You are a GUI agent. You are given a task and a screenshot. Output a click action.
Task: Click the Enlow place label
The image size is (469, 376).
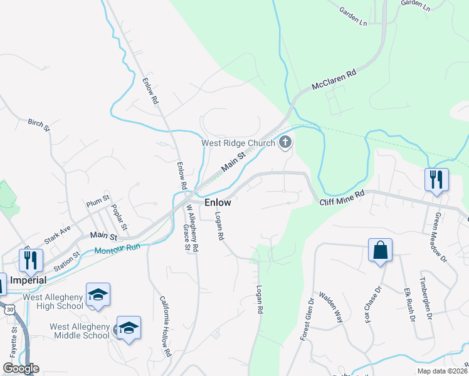point(218,203)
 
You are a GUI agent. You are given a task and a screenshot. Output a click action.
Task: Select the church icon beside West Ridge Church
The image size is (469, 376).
point(285,142)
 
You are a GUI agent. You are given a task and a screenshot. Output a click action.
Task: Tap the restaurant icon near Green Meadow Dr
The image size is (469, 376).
point(436,179)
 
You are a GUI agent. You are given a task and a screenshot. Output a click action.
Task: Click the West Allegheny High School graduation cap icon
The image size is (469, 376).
point(98,295)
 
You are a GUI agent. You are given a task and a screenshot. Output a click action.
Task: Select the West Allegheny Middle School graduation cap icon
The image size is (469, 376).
point(129,328)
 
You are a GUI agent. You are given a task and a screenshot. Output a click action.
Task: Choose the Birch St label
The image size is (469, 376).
point(38,125)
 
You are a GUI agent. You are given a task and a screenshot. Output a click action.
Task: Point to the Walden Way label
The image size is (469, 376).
point(331,307)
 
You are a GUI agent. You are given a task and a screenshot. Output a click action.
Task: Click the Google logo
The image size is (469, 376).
point(20,368)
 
